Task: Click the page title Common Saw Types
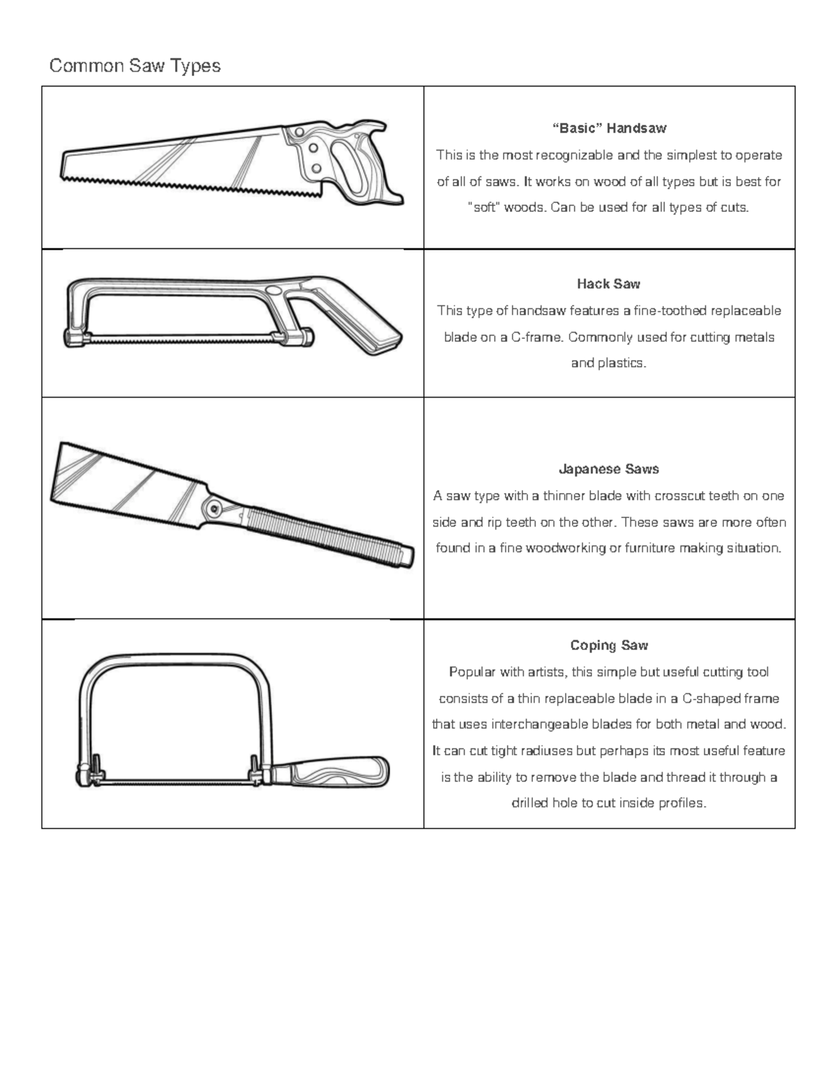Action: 135,66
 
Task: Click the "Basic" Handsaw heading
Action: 609,128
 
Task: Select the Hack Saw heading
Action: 608,284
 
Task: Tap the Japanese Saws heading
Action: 608,469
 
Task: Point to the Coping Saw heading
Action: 609,646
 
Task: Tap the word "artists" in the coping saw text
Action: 546,672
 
